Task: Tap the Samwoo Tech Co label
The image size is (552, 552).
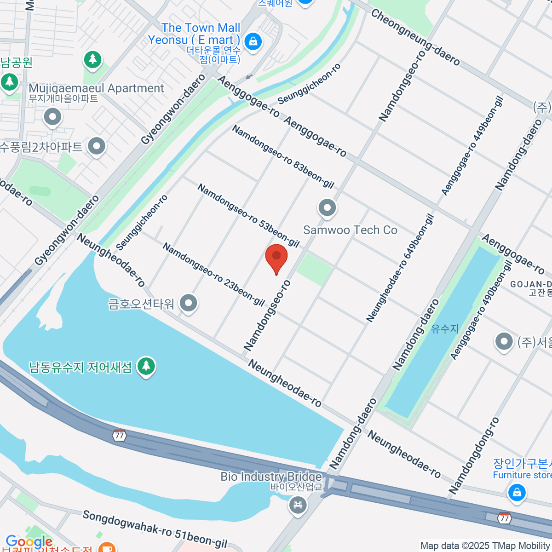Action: pyautogui.click(x=350, y=230)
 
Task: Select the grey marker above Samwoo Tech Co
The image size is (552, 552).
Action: pyautogui.click(x=327, y=208)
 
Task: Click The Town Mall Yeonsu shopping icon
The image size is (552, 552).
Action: pyautogui.click(x=253, y=41)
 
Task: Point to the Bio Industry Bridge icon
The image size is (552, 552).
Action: pyautogui.click(x=298, y=506)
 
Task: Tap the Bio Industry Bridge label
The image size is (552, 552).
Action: pyautogui.click(x=271, y=477)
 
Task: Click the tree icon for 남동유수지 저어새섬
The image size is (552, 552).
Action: pyautogui.click(x=146, y=367)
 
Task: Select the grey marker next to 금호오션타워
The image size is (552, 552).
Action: pyautogui.click(x=188, y=303)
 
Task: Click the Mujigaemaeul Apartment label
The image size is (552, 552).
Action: pyautogui.click(x=96, y=88)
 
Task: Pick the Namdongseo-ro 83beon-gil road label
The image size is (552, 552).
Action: pyautogui.click(x=282, y=157)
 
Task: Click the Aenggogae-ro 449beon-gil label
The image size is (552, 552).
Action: pyautogui.click(x=472, y=145)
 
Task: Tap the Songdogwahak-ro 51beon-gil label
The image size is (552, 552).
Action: pyautogui.click(x=155, y=529)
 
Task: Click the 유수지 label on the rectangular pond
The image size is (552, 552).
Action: pyautogui.click(x=445, y=329)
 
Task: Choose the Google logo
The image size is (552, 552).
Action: pyautogui.click(x=29, y=542)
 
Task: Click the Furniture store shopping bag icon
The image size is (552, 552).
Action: pyautogui.click(x=517, y=493)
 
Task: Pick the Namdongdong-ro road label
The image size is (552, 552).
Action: pyautogui.click(x=474, y=456)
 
